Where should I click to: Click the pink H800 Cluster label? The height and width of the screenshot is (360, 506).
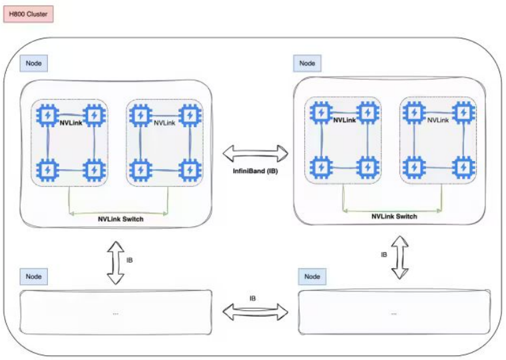pos(27,13)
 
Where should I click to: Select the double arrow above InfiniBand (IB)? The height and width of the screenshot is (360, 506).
pos(256,154)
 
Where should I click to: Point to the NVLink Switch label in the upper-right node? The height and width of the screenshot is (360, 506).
pos(394,216)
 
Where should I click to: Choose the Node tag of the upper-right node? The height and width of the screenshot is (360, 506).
pos(307,63)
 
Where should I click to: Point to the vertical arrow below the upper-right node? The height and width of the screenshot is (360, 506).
pos(399,257)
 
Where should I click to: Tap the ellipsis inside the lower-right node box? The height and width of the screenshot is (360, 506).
pos(394,312)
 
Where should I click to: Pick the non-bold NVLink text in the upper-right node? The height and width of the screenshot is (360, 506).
pos(437,120)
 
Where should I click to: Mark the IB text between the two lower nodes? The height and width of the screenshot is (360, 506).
pos(253,298)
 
